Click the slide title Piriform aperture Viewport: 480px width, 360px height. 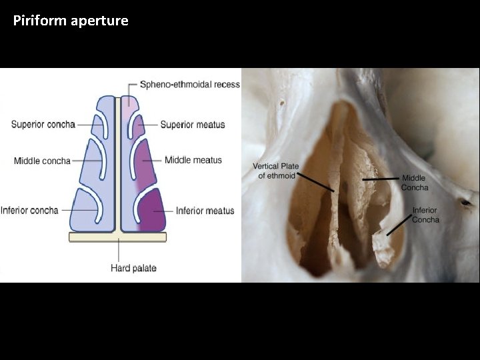pyautogui.click(x=71, y=21)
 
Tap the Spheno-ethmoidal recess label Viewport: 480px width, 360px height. pyautogui.click(x=189, y=85)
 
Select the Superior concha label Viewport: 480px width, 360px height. pyautogui.click(x=43, y=124)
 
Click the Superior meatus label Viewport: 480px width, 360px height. pyautogui.click(x=193, y=124)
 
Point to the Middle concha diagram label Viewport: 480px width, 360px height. pyautogui.click(x=42, y=161)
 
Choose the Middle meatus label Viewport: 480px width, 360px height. pyautogui.click(x=193, y=160)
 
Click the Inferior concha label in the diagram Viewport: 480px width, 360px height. pyautogui.click(x=29, y=210)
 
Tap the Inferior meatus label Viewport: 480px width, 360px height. pyautogui.click(x=205, y=211)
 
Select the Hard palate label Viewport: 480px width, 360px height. pyautogui.click(x=133, y=268)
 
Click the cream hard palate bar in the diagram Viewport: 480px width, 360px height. pyautogui.click(x=93, y=237)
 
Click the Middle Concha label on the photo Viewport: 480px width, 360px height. pyautogui.click(x=414, y=183)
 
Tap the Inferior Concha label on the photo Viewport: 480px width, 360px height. pyautogui.click(x=425, y=215)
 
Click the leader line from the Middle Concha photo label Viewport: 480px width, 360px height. pyautogui.click(x=381, y=179)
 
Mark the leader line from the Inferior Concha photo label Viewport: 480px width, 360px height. pyautogui.click(x=399, y=225)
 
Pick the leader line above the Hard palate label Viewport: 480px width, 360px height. pyautogui.click(x=119, y=250)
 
